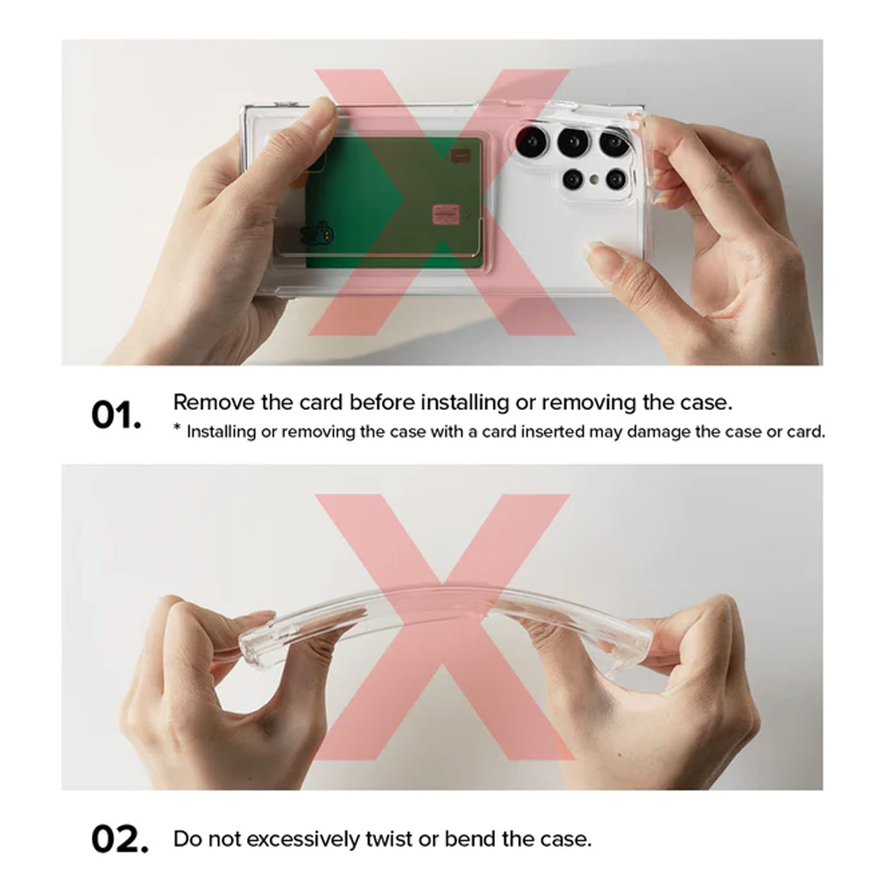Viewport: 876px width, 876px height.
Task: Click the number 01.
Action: pos(116,415)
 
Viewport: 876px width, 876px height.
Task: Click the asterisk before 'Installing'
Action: pos(177,428)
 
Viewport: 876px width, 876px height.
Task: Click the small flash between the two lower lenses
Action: pos(595,180)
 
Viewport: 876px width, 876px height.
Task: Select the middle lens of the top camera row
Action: pos(573,143)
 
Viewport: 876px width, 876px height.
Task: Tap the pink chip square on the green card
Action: pos(446,213)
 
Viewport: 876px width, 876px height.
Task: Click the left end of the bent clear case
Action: pos(249,647)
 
